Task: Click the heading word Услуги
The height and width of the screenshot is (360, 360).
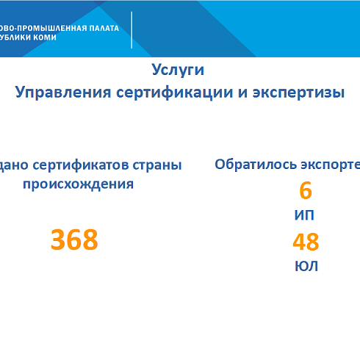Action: (178, 70)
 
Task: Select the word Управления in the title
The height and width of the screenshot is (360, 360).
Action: (60, 93)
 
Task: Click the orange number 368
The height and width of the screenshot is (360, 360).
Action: (74, 240)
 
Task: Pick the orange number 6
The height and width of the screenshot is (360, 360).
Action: (306, 191)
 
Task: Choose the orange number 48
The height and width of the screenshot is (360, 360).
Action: (306, 242)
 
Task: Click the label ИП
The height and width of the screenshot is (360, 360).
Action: (306, 216)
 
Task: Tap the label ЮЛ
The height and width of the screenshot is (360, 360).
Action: (306, 266)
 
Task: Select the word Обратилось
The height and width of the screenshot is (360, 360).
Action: (254, 164)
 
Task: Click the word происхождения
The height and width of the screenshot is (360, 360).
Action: (78, 184)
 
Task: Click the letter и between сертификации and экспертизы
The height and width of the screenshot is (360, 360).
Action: (241, 93)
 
